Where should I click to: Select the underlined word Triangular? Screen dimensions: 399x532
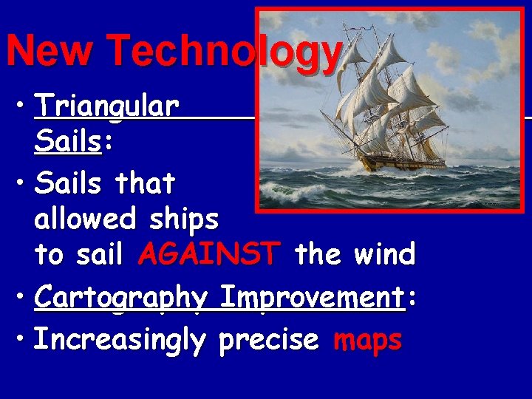(x=106, y=108)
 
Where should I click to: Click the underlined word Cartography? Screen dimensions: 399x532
(x=121, y=299)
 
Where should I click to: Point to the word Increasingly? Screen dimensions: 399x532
(x=120, y=341)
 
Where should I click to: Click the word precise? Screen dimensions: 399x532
(x=268, y=341)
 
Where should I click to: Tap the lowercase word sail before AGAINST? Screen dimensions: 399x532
(x=99, y=255)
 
